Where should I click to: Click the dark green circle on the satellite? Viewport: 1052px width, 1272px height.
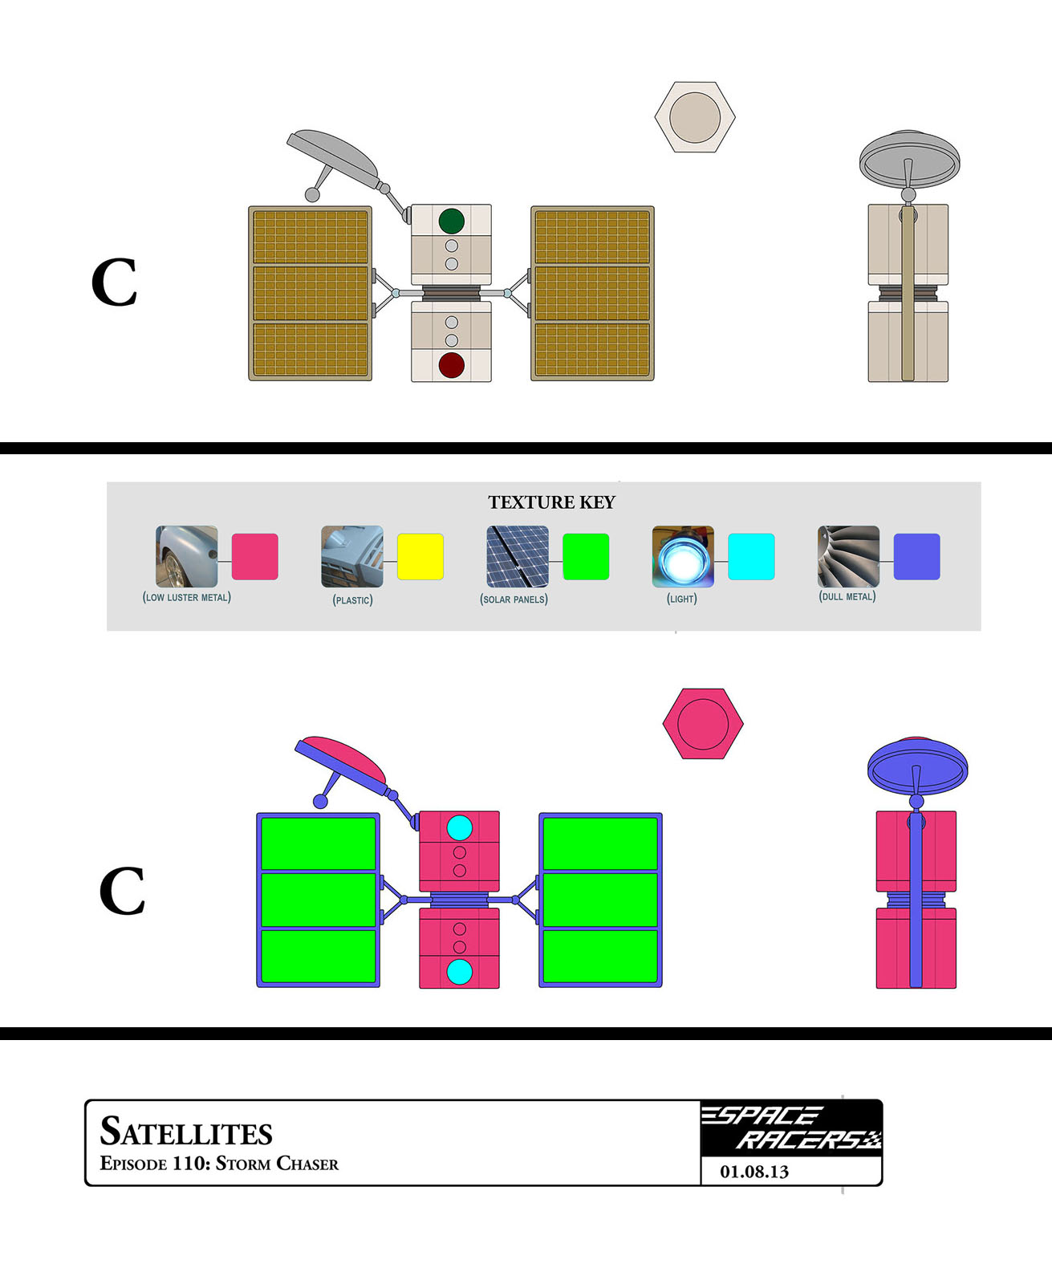tap(452, 221)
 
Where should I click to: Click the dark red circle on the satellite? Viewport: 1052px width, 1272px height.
tap(452, 365)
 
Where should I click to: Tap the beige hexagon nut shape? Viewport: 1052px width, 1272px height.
tap(695, 117)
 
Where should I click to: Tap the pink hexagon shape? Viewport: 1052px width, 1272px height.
tap(703, 724)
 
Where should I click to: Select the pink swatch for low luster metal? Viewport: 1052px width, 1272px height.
tap(255, 556)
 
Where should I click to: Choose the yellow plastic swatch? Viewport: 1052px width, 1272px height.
tap(420, 556)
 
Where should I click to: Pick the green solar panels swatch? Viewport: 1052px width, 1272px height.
tap(586, 556)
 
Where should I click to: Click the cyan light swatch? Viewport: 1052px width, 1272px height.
tap(751, 556)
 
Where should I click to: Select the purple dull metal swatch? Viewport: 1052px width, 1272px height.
tap(916, 556)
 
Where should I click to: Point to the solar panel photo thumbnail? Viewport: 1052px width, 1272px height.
tap(518, 556)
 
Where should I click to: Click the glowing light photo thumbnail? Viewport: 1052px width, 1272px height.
tap(683, 556)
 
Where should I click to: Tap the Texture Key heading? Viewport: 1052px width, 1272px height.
tap(552, 502)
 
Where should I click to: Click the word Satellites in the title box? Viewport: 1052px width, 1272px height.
tap(186, 1132)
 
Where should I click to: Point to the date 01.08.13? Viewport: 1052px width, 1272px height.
tap(754, 1172)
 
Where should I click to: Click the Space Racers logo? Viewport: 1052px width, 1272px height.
tap(791, 1128)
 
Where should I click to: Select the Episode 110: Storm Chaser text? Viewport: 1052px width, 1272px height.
tap(219, 1164)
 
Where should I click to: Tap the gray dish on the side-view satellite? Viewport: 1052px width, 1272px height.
tap(909, 156)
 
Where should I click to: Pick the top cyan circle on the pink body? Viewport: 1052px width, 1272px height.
tap(459, 827)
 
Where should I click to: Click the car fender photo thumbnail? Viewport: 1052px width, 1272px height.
tap(187, 556)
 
